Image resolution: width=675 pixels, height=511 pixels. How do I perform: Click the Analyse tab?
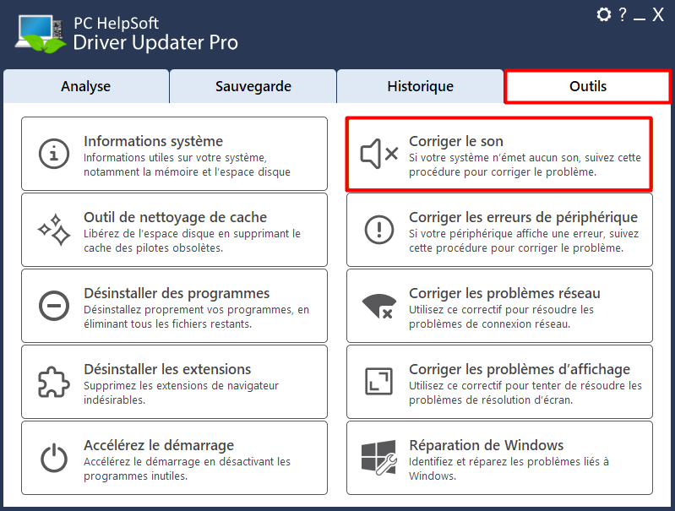point(85,86)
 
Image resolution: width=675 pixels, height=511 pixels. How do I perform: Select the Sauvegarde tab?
point(253,86)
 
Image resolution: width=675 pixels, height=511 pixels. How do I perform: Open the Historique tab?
point(420,86)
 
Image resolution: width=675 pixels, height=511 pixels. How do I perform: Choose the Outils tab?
point(588,86)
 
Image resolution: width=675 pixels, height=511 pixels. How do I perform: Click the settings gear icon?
point(603,14)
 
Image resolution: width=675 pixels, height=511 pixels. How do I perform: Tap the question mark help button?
point(623,14)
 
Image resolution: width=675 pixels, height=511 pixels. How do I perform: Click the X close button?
point(658,15)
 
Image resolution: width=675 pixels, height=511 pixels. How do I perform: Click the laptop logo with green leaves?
point(41,35)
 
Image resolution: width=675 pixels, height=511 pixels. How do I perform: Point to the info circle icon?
point(54,154)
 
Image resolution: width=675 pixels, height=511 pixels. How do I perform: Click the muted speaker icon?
point(378,154)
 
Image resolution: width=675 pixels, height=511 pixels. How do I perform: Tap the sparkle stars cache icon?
point(54,230)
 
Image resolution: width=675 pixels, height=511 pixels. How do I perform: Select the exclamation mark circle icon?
point(379,230)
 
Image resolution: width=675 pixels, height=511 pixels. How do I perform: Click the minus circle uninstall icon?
point(54,306)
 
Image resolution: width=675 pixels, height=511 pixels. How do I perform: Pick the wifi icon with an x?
point(378,306)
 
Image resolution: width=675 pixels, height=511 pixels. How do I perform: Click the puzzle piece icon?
point(54,382)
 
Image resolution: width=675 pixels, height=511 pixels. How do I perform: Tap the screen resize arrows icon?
point(378,382)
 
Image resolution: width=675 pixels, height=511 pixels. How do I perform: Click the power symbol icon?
point(54,458)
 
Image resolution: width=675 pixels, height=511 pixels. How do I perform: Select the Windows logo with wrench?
point(378,457)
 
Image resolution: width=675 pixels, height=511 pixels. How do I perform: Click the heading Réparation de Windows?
point(486,445)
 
